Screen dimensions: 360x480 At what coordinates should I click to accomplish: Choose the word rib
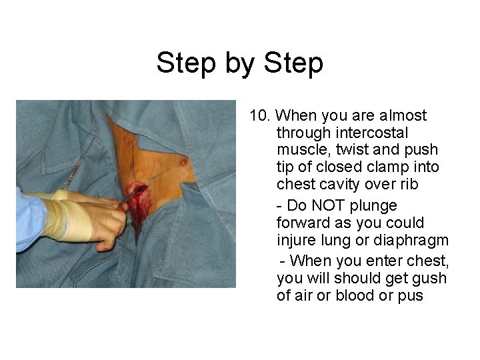click(x=421, y=183)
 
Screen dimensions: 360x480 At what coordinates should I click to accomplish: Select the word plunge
click(x=374, y=206)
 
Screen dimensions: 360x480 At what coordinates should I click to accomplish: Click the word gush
click(x=429, y=277)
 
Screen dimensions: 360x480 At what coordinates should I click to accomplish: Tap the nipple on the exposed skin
click(x=181, y=163)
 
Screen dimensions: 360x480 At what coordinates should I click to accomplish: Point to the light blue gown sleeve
click(x=30, y=221)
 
